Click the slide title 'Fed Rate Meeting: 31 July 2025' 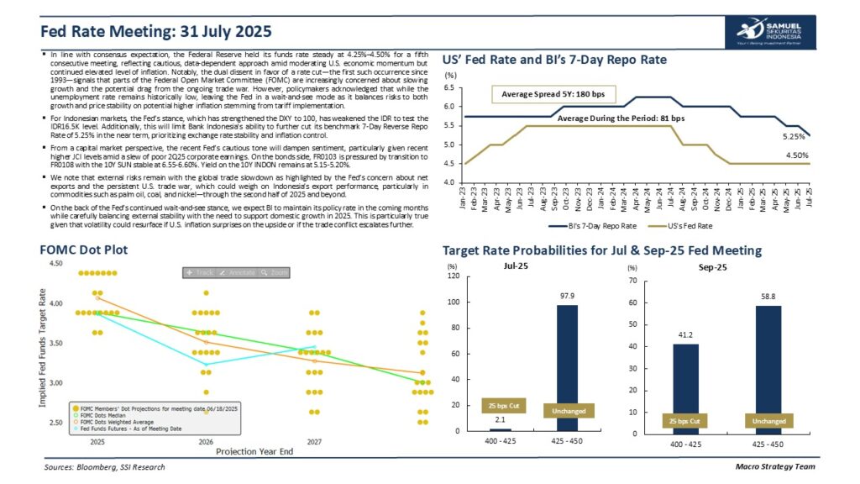pos(157,32)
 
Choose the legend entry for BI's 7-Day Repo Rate pos(593,225)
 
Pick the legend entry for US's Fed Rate pos(690,225)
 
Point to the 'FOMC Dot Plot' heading pos(84,250)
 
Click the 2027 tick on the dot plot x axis pos(312,440)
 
